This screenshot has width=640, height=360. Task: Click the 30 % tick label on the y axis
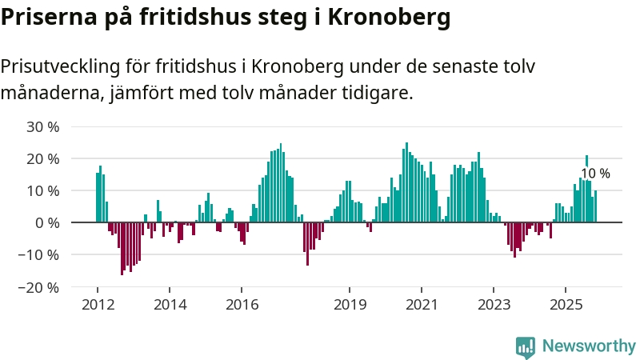(x=42, y=126)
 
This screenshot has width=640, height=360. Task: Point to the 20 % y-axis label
(x=42, y=158)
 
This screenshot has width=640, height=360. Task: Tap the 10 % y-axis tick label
(x=42, y=190)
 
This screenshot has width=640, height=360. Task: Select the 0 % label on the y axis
(x=47, y=222)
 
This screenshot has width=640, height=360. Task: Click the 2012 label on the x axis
(x=98, y=305)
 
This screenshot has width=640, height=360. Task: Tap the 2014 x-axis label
(x=170, y=305)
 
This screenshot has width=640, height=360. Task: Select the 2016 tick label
(x=242, y=305)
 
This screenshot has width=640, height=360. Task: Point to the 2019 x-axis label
(x=350, y=305)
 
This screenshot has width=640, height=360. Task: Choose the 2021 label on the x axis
(x=422, y=305)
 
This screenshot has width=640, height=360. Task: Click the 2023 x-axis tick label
(x=494, y=305)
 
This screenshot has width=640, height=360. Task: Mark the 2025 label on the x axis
(x=566, y=305)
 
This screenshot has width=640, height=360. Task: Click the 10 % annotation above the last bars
(x=595, y=174)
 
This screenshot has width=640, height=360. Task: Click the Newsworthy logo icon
(x=526, y=346)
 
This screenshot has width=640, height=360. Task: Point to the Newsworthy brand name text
(x=589, y=346)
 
